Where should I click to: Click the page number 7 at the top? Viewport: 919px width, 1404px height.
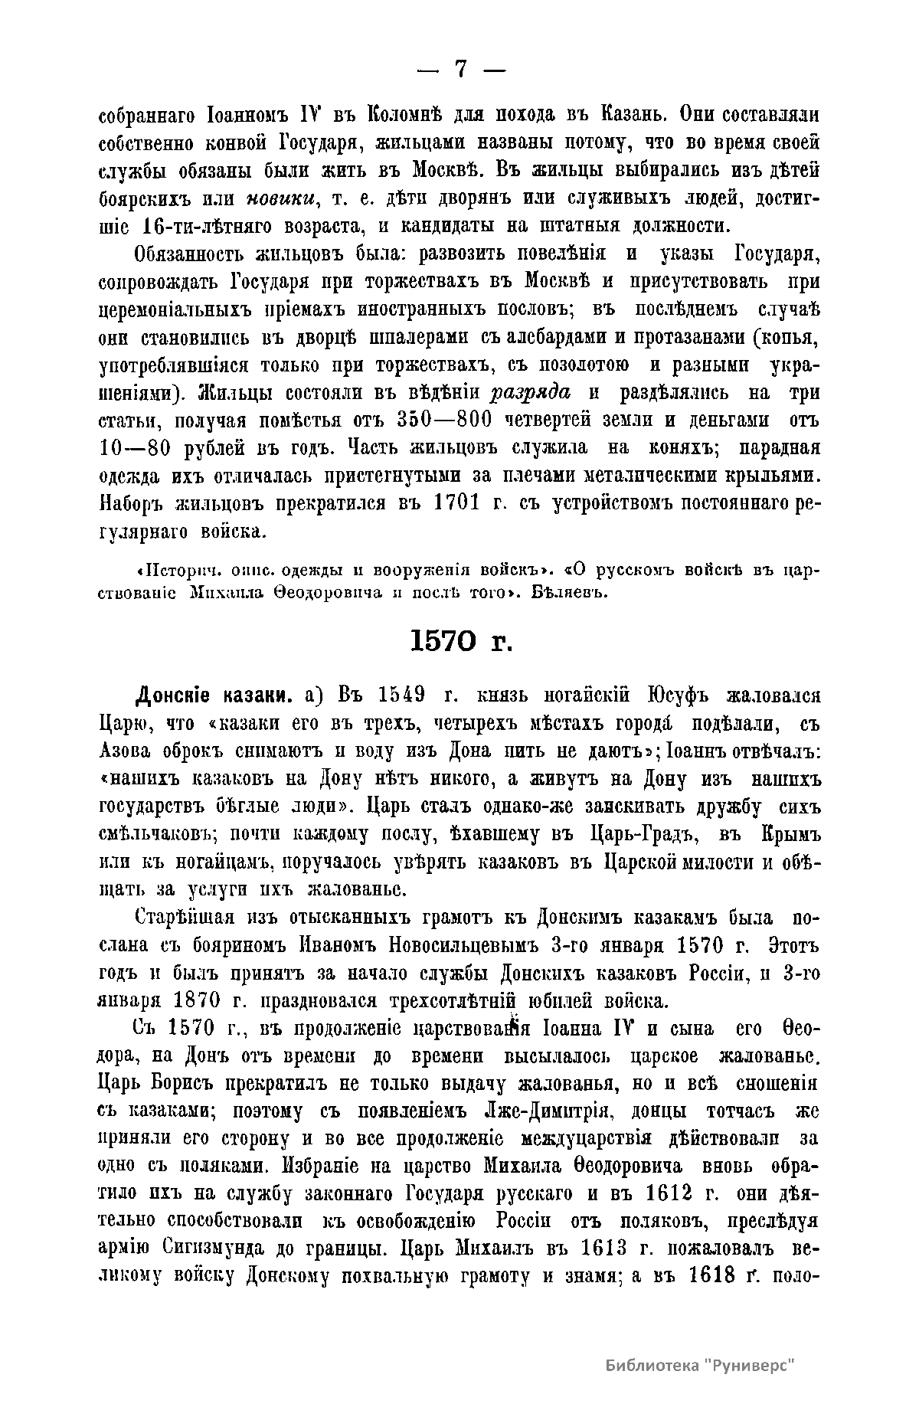(x=461, y=70)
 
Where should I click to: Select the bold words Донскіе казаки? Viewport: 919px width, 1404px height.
(x=214, y=696)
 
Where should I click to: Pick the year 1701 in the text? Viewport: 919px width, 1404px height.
(x=456, y=504)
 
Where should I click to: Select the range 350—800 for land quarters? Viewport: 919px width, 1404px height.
(x=444, y=421)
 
